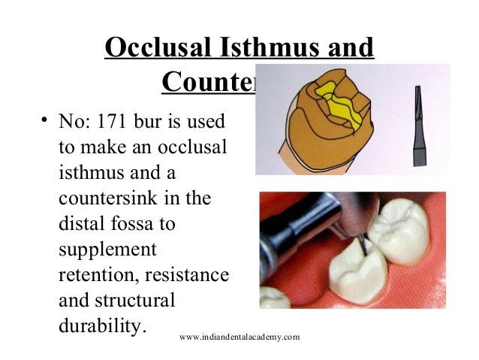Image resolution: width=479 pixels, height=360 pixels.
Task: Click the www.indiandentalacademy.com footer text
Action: [x=239, y=337]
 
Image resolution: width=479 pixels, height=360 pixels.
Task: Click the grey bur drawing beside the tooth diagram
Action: [x=417, y=123]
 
